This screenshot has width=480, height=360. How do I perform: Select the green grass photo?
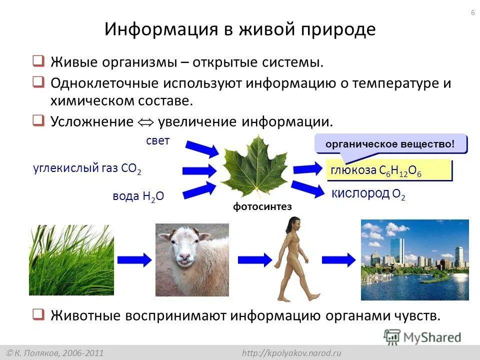pyautogui.click(x=71, y=260)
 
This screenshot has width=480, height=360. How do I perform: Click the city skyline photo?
pyautogui.click(x=415, y=260)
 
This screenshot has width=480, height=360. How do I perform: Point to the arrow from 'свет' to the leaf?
pyautogui.click(x=201, y=148)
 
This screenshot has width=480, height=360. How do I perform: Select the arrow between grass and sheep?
pyautogui.click(x=134, y=260)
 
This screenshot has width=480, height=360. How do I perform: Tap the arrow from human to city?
pyautogui.click(x=338, y=260)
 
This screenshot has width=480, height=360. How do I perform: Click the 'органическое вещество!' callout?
pyautogui.click(x=390, y=144)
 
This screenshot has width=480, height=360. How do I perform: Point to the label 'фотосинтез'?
pyautogui.click(x=262, y=207)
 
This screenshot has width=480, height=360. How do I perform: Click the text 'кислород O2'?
pyautogui.click(x=368, y=194)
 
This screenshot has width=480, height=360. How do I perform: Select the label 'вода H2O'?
pyautogui.click(x=138, y=196)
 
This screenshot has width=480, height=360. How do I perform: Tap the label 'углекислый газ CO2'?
pyautogui.click(x=87, y=168)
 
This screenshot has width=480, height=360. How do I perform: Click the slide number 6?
pyautogui.click(x=472, y=12)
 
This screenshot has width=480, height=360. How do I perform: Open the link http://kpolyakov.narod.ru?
pyautogui.click(x=291, y=353)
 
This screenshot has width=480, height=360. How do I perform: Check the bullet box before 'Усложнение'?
pyautogui.click(x=38, y=120)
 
